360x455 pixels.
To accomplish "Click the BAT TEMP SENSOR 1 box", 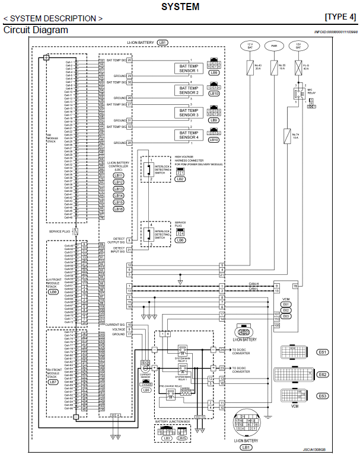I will coord(189,69).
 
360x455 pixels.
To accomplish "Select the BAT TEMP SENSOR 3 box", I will coord(189,113).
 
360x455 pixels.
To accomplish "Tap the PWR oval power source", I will coord(274,45).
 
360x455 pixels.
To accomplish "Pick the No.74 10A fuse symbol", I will coord(286,134).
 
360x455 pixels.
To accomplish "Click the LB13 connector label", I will coord(118,189).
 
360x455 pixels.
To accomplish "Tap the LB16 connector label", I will coord(118,209).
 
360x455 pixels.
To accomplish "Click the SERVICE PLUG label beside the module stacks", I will coord(59,230).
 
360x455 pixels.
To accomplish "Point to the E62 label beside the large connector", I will coord(323,374).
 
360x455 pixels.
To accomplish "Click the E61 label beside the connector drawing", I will coord(323,352).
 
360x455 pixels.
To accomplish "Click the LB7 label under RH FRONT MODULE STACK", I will coord(52,382).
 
